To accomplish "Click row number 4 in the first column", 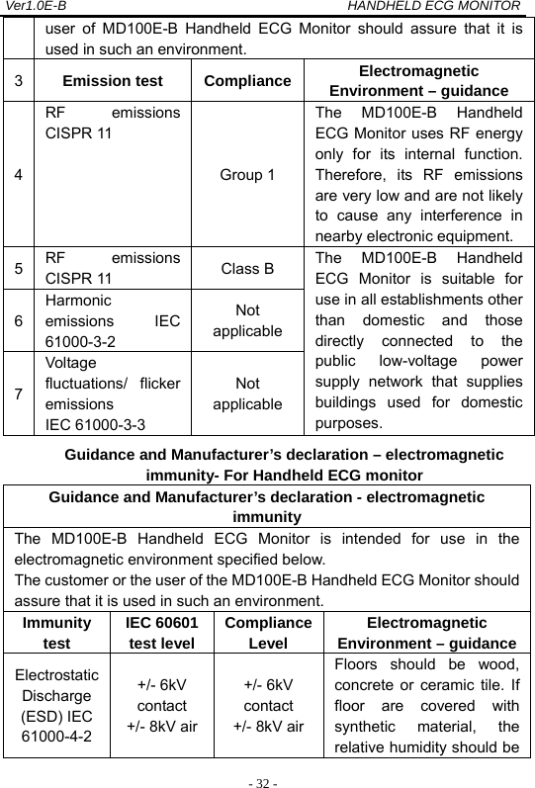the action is coord(14,175).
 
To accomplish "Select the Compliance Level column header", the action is coord(268,636).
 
